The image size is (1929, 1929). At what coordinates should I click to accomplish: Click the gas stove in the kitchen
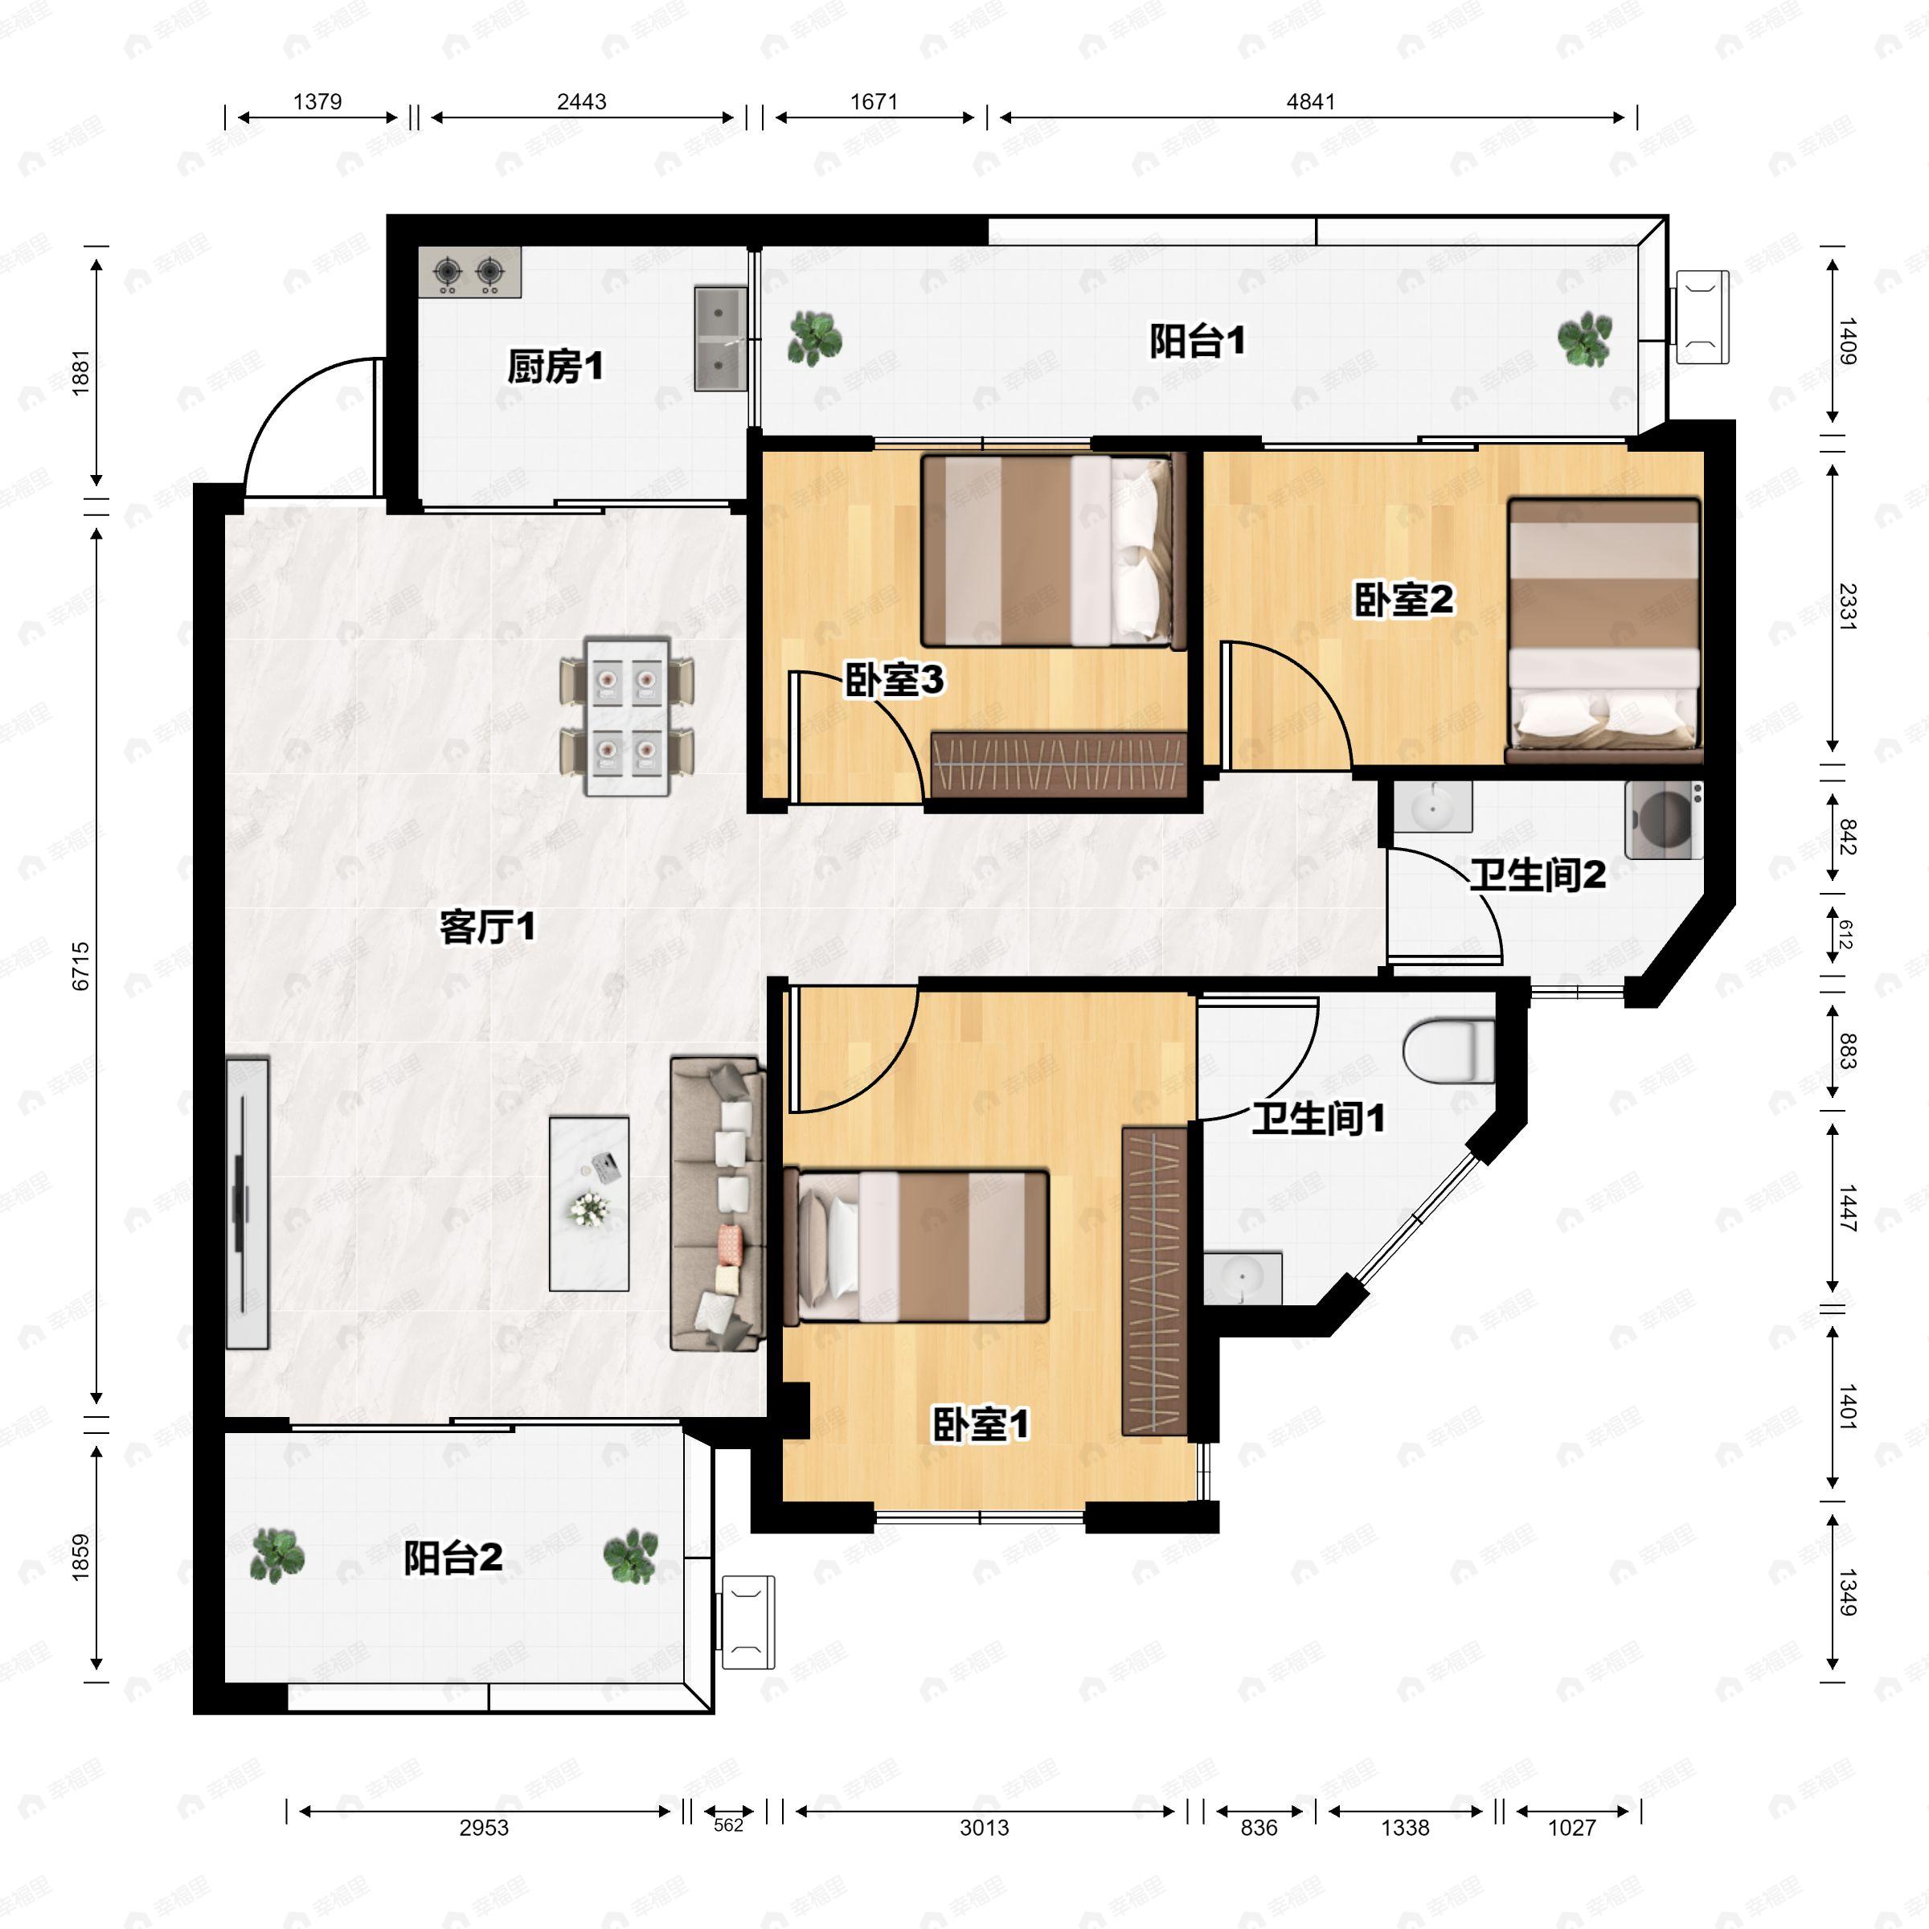pos(469,272)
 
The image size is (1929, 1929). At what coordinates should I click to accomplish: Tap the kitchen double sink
pos(721,338)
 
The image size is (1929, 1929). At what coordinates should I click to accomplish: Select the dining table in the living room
pos(627,716)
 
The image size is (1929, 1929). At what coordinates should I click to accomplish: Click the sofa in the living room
pos(718,1203)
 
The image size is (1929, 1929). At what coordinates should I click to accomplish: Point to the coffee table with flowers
pos(589,1203)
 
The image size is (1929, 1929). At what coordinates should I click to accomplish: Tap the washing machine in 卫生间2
pos(1664,820)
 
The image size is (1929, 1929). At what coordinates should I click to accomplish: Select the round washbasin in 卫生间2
pos(1433,805)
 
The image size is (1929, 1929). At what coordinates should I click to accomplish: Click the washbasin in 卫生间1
pos(1242,1278)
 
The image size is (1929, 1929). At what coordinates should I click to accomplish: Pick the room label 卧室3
pos(894,680)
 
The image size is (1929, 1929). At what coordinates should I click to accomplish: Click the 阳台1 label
pos(1197,342)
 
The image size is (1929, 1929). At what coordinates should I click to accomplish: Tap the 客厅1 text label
pos(487,927)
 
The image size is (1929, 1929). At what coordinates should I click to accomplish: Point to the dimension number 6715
pos(81,965)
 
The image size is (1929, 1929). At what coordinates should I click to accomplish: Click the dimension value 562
pos(729,1825)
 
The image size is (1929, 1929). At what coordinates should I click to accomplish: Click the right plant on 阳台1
pos(1584,338)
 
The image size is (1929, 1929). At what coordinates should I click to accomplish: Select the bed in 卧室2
pos(1603,631)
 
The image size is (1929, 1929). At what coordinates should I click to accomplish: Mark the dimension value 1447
pos(1847,1208)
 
